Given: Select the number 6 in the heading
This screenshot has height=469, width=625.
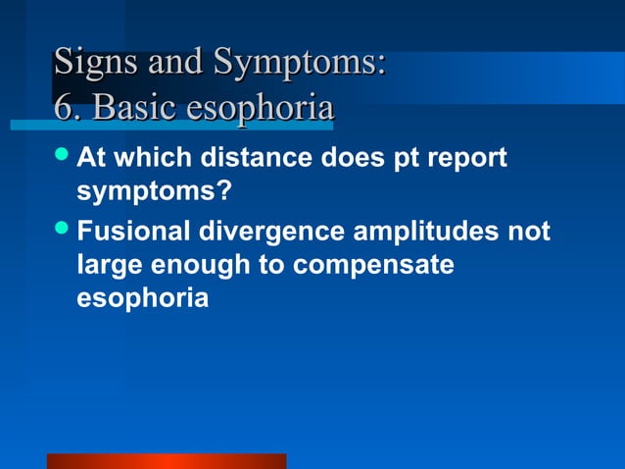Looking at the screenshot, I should (x=64, y=108).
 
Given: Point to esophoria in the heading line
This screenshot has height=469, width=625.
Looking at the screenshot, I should (x=262, y=108).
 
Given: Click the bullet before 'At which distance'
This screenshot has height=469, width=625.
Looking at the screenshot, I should (x=64, y=155).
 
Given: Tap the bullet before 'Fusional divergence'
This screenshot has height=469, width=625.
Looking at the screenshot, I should (x=64, y=232).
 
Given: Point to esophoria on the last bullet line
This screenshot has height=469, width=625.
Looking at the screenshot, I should (x=142, y=298).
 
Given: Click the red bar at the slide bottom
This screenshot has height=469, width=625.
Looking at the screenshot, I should (x=167, y=461).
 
